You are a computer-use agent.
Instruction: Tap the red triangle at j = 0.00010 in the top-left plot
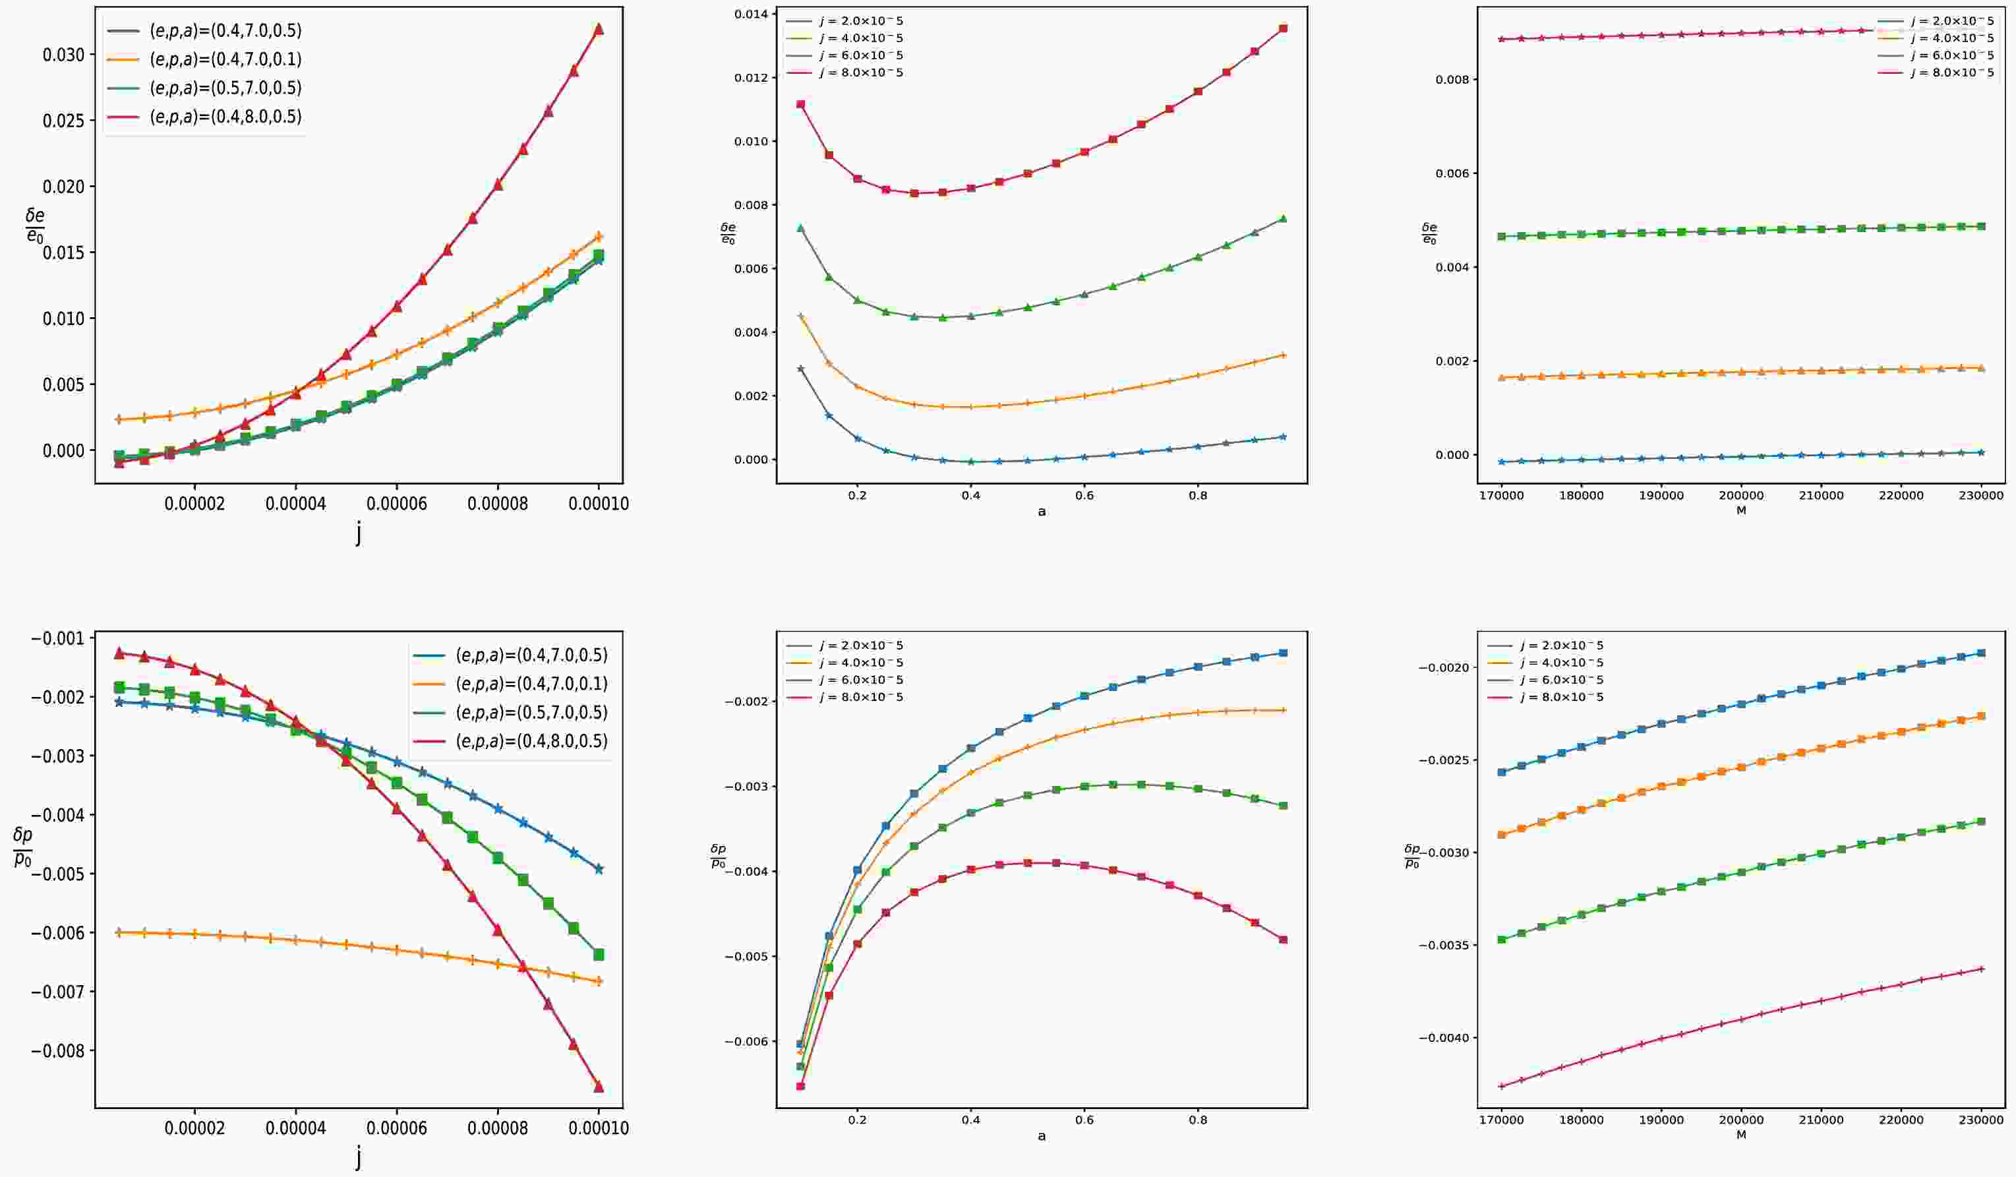pos(599,29)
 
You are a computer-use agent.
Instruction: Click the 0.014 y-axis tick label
pos(746,15)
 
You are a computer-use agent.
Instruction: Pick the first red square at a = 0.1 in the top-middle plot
pos(801,104)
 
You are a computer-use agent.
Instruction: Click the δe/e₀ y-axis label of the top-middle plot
pos(727,233)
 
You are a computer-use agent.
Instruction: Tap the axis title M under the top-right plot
pos(1741,510)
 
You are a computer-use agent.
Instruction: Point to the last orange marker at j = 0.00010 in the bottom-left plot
pos(599,982)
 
